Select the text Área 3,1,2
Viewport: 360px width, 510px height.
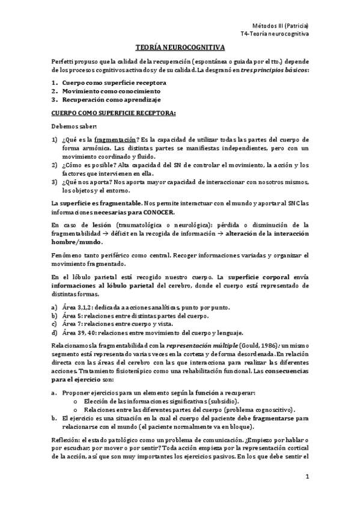tap(75, 307)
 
